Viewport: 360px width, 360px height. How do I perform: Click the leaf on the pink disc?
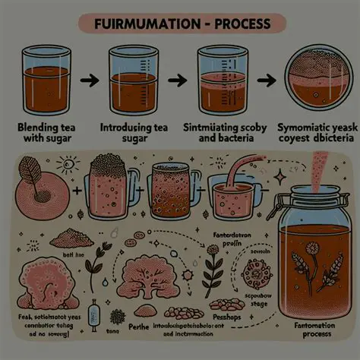tap(31, 170)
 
